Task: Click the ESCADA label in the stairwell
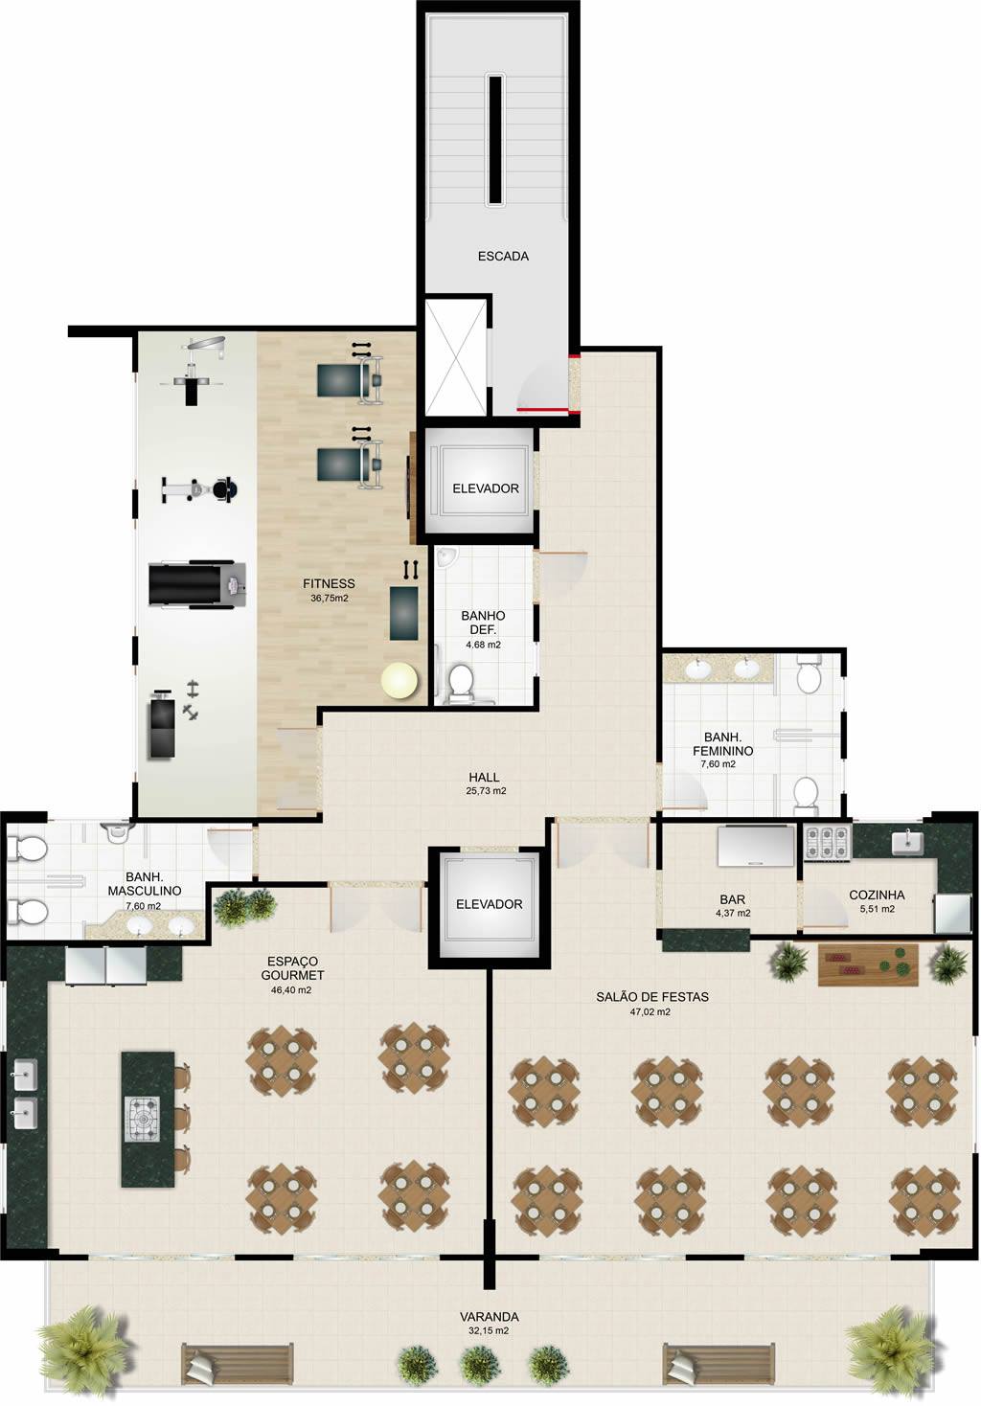tap(503, 256)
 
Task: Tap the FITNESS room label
tap(329, 583)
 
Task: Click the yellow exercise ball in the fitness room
tap(400, 680)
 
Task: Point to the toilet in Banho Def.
tap(461, 682)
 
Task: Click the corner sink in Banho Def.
tap(446, 556)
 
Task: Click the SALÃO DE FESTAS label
tap(652, 1185)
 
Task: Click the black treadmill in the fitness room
tap(195, 584)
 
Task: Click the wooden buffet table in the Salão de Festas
tap(869, 1153)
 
